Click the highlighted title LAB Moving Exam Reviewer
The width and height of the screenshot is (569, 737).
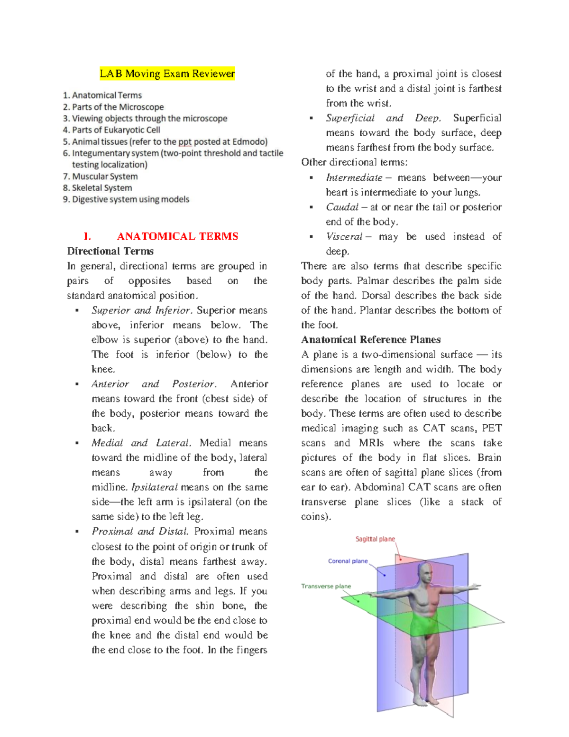click(x=167, y=74)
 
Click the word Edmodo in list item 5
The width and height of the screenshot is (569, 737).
click(x=249, y=141)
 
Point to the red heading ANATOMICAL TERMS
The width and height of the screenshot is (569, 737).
click(x=177, y=236)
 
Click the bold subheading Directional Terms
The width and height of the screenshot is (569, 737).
click(x=110, y=251)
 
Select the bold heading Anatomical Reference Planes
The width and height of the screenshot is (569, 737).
click(x=371, y=339)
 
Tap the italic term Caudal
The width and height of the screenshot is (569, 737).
click(x=342, y=207)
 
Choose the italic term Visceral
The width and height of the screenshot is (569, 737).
click(x=344, y=236)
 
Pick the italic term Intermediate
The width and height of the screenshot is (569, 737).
click(x=354, y=177)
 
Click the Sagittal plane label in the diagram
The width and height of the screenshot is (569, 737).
click(x=375, y=539)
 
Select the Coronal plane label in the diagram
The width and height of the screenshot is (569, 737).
click(x=348, y=561)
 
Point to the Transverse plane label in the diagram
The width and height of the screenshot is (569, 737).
click(x=326, y=586)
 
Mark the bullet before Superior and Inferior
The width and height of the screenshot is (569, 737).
click(x=76, y=310)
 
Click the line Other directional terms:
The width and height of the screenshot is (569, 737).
click(x=354, y=162)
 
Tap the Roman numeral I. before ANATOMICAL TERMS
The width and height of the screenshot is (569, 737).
click(x=87, y=236)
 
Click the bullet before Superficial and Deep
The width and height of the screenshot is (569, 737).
click(x=311, y=118)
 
